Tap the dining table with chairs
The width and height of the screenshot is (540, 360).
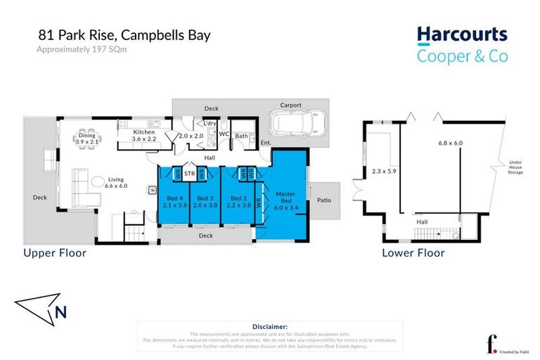click(x=88, y=134)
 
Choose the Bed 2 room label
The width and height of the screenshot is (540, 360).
click(x=239, y=202)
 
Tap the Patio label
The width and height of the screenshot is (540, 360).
click(x=323, y=200)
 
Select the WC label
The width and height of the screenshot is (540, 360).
click(x=224, y=134)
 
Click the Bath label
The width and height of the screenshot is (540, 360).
click(x=241, y=136)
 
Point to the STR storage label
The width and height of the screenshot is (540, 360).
click(x=189, y=173)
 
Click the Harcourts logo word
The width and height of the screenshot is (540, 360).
click(x=462, y=36)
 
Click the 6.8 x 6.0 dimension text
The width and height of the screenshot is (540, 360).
click(x=451, y=143)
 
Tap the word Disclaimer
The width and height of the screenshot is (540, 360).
click(x=269, y=327)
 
